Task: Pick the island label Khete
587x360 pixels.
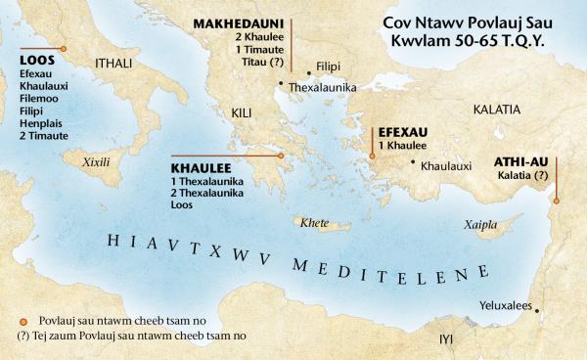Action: (315, 221)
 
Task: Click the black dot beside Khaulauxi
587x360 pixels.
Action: (413, 161)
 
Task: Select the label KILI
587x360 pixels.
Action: (243, 114)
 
